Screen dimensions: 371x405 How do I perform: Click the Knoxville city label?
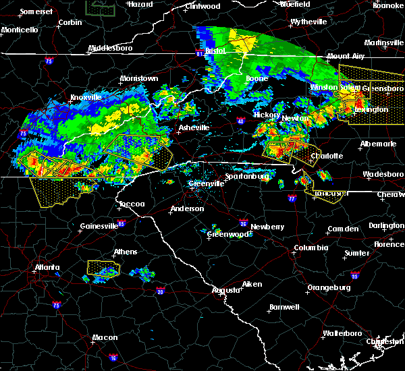(86, 98)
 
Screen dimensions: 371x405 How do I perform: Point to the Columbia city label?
(310, 248)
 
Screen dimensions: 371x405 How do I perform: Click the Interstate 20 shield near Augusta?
(160, 291)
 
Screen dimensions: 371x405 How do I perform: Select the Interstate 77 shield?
(292, 200)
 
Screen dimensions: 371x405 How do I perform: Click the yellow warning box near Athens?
(102, 268)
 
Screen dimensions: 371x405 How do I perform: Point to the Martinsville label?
(385, 42)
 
